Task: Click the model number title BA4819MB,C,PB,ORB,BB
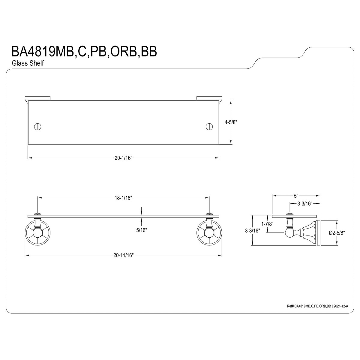(x=84, y=52)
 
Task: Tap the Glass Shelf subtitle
(x=28, y=63)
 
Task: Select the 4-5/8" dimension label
(x=231, y=122)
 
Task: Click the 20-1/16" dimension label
(x=124, y=158)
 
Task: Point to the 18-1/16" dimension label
(x=124, y=198)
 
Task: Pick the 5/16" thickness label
(x=142, y=230)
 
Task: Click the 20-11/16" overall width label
(x=124, y=255)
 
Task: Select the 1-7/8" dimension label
(x=268, y=224)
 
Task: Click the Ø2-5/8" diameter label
(x=337, y=232)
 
